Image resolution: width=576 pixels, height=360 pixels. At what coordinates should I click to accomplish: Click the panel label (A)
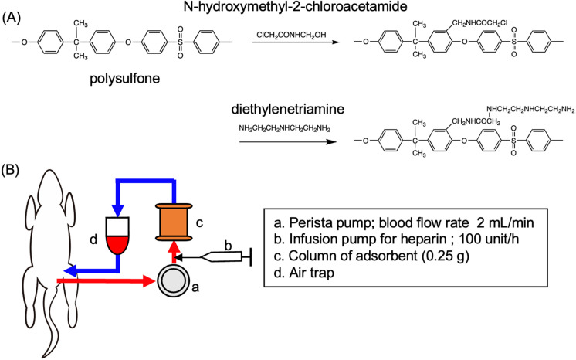pos(11,19)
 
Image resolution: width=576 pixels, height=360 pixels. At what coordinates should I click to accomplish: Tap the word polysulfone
pos(125,79)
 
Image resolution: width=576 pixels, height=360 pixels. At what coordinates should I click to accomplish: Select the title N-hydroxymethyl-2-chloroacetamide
pos(296,6)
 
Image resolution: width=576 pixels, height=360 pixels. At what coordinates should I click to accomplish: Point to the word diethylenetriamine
pos(288,109)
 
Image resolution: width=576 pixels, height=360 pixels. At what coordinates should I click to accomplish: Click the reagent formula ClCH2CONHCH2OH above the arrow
pos(291,35)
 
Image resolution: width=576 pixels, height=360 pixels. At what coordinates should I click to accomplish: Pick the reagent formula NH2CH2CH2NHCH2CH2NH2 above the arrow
pos(285,129)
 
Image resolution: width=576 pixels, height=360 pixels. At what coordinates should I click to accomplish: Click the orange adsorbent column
pos(174,222)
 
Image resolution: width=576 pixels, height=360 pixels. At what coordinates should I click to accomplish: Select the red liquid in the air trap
pos(117,245)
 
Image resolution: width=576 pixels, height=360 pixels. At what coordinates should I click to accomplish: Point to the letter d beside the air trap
pos(93,239)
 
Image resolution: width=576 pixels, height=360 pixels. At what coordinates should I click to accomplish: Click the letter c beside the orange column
pos(199,222)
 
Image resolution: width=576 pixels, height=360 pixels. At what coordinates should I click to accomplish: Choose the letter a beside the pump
pos(195,287)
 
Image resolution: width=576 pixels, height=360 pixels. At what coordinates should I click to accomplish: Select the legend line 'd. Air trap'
pos(304,273)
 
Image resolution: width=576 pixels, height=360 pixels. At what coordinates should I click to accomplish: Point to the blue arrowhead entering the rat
pos(70,270)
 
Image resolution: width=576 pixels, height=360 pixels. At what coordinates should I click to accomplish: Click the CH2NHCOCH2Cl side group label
pos(479,23)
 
